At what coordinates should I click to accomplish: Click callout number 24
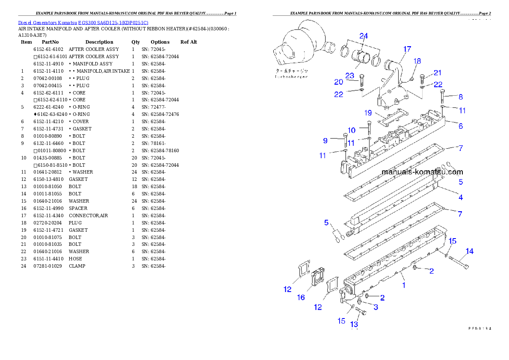coord(363,36)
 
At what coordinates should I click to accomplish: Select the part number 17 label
coord(407,49)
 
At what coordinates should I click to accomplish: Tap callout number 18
coord(417,61)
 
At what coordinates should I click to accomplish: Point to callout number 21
coord(437,73)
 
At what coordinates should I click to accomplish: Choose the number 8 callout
coord(461,97)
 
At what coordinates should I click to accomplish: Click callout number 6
coord(461,126)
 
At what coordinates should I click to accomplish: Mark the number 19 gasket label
coord(368,113)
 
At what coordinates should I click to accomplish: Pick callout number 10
coord(351,130)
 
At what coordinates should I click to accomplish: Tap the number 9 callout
coord(325,140)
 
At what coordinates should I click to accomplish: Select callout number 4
coord(461,198)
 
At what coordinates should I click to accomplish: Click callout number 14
coord(469,251)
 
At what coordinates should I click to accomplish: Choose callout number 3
coord(376,307)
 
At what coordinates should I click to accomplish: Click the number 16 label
coord(301,297)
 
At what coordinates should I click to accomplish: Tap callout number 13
coord(354,324)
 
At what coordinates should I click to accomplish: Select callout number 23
coord(350,76)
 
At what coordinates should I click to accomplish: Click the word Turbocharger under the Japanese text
coord(291,77)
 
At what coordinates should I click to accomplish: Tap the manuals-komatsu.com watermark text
coord(422,172)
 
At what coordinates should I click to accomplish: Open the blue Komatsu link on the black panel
coord(83,23)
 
